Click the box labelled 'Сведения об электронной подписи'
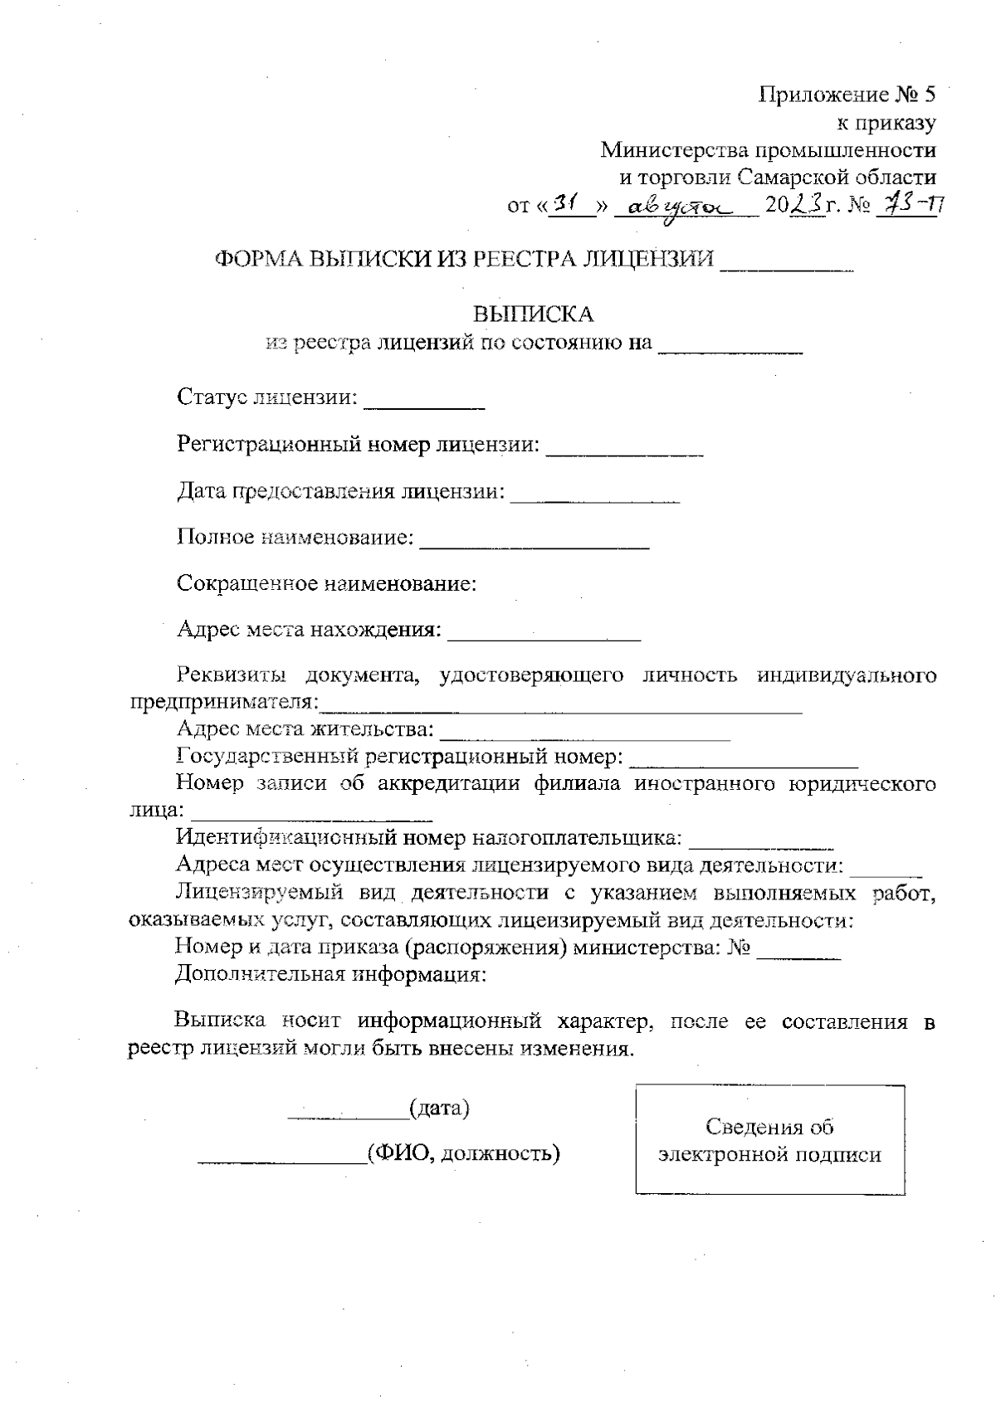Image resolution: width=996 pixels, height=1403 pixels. pyautogui.click(x=769, y=1140)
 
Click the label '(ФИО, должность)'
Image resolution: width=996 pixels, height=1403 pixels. pyautogui.click(x=463, y=1152)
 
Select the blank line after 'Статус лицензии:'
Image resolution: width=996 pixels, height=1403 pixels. pyautogui.click(x=424, y=402)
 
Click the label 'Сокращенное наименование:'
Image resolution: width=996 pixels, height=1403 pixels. pyautogui.click(x=327, y=583)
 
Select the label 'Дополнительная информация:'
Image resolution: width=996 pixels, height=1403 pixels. pyautogui.click(x=330, y=973)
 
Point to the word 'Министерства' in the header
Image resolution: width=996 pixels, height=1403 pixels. pyautogui.click(x=675, y=150)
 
